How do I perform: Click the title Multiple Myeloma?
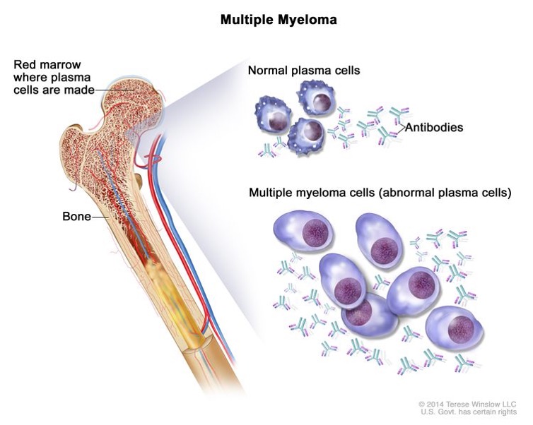[279, 20]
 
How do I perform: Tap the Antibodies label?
[434, 127]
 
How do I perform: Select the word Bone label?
[76, 216]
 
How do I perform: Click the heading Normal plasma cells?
[304, 71]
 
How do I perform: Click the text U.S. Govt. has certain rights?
[469, 412]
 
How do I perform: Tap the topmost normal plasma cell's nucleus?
[321, 102]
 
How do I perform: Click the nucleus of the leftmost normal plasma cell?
[278, 121]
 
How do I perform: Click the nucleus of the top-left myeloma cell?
[315, 233]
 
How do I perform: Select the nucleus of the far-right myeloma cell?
[461, 329]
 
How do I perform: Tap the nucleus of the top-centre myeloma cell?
[384, 251]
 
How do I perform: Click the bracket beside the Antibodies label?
[400, 127]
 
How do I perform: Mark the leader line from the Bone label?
[100, 217]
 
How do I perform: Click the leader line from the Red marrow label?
[115, 90]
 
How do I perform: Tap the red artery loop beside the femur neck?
[153, 160]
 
